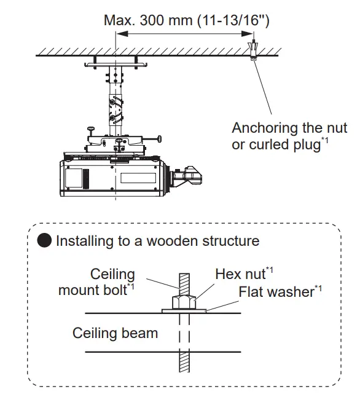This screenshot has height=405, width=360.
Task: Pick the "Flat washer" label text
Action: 276,291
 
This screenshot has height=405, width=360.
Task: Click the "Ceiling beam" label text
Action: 115,333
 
